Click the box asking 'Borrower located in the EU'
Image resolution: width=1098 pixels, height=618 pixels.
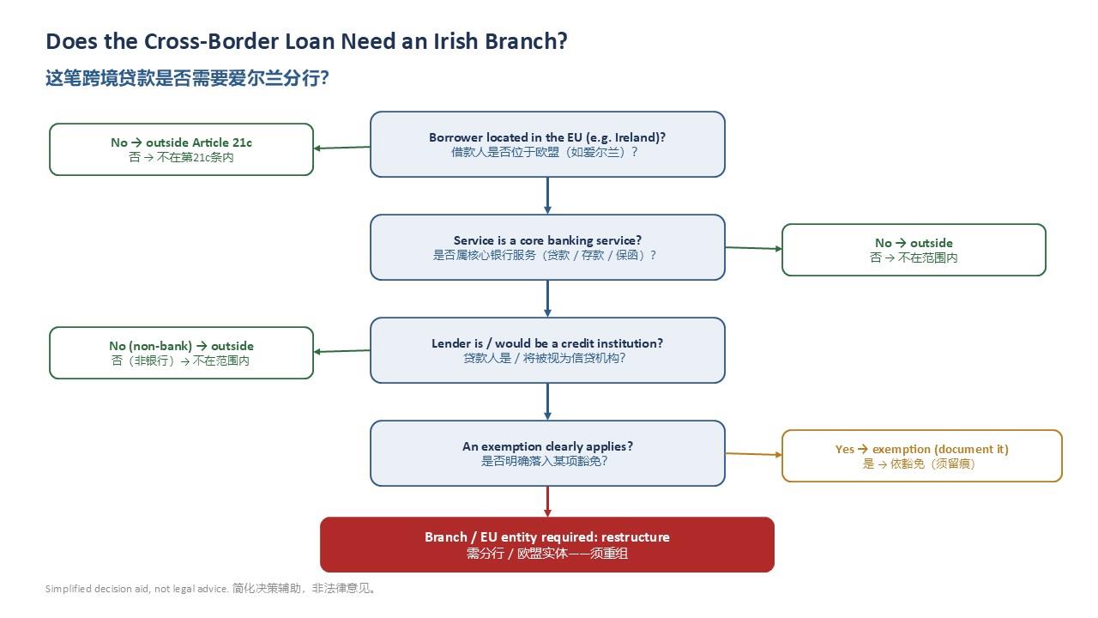tap(547, 144)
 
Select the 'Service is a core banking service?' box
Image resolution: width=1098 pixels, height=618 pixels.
tap(547, 247)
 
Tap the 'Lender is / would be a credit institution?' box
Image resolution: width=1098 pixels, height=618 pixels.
tap(547, 350)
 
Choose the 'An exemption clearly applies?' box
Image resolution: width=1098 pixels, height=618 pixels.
tap(547, 453)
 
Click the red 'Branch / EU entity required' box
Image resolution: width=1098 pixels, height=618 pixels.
tap(547, 544)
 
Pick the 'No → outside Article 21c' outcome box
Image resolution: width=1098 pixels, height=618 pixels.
tap(181, 149)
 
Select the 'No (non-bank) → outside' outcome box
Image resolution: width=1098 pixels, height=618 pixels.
tap(181, 353)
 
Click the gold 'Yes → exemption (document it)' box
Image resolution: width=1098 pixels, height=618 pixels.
tap(922, 456)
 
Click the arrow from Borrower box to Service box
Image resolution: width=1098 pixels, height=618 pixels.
tap(547, 196)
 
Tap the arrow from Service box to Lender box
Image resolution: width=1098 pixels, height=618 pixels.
tap(547, 299)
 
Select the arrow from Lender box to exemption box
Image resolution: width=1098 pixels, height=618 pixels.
tap(547, 402)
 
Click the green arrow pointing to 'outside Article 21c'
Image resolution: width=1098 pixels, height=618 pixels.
tap(341, 148)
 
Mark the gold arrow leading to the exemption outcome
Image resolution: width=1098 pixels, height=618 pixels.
tap(754, 454)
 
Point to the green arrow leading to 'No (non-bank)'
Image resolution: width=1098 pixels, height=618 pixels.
tap(341, 351)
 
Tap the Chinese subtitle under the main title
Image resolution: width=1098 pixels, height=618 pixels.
tap(187, 78)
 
